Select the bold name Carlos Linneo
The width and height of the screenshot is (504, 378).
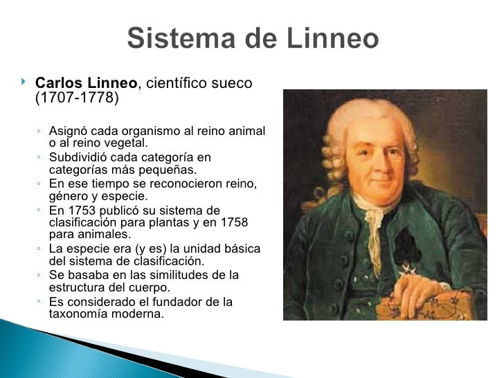(87, 84)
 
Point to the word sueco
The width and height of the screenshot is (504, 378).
(235, 84)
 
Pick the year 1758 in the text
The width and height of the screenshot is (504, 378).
(233, 222)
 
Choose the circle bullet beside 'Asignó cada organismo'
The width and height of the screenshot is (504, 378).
(41, 131)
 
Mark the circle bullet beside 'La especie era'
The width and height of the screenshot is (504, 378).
(41, 249)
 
